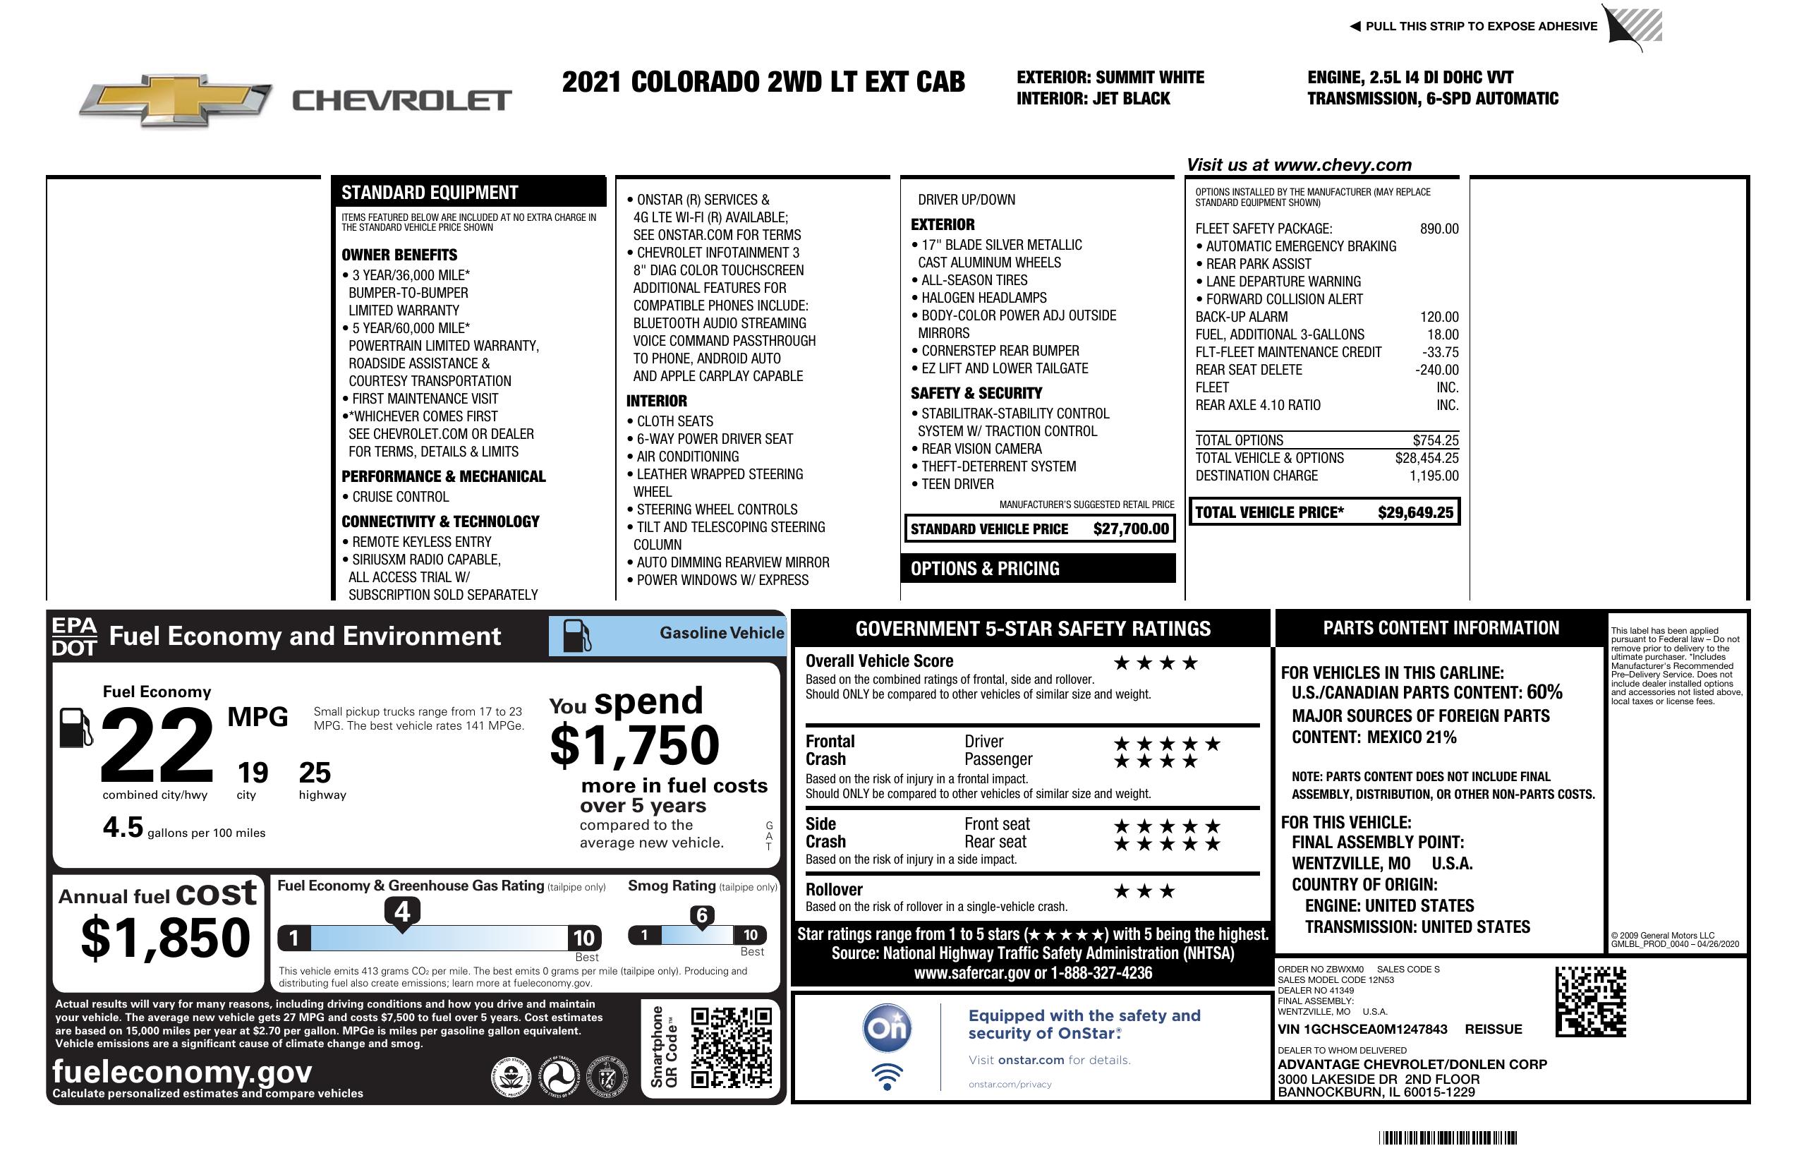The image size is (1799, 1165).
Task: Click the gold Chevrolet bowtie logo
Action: click(x=176, y=99)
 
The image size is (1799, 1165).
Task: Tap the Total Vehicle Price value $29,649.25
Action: click(x=1415, y=512)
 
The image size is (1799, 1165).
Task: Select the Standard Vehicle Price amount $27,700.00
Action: click(x=1131, y=529)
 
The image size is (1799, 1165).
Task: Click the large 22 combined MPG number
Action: click(x=157, y=744)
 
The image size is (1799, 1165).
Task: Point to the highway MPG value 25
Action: click(x=315, y=773)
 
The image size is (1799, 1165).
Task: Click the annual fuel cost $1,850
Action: click(x=165, y=938)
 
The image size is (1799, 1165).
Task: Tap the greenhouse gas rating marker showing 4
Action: click(x=402, y=912)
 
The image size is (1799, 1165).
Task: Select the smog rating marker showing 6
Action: click(x=701, y=915)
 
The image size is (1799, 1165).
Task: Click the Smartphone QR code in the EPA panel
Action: click(x=731, y=1047)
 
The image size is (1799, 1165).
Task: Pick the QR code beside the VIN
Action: click(x=1590, y=1002)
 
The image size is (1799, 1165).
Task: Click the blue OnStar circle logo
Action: click(x=887, y=1028)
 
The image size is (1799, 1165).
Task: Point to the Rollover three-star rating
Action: click(x=1144, y=891)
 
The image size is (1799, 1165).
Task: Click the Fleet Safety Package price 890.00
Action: click(x=1438, y=229)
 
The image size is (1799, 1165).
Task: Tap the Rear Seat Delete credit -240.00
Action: click(x=1436, y=370)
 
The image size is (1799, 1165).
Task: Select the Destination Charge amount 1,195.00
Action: click(x=1433, y=476)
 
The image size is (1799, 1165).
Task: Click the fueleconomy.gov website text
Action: click(x=182, y=1072)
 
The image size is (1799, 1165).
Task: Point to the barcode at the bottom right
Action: click(x=1448, y=1137)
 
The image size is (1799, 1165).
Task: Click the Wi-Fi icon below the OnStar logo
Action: click(x=887, y=1077)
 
